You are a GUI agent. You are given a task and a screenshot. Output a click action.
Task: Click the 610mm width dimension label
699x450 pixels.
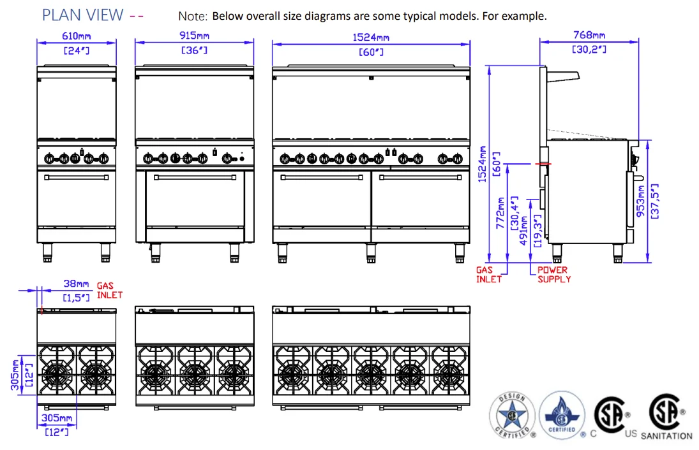[x=77, y=36]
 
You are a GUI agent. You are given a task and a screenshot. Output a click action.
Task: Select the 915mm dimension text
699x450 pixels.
[x=194, y=36]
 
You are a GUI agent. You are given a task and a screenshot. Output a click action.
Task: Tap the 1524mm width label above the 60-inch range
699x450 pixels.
[x=371, y=37]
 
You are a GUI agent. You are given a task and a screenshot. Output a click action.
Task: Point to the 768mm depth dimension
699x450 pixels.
[x=589, y=35]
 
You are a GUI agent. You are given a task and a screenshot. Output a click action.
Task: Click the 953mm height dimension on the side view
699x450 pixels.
[x=641, y=201]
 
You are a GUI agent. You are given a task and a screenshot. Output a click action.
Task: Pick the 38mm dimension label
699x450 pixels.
[x=76, y=284]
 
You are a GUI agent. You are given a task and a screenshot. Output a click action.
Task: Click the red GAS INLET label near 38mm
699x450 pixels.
[x=109, y=291]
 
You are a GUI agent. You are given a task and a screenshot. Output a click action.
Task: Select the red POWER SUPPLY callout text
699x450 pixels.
[x=553, y=275]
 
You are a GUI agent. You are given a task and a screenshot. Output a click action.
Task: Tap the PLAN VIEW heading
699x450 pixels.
[x=82, y=15]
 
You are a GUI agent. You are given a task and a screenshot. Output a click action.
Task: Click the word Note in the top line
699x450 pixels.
[x=193, y=16]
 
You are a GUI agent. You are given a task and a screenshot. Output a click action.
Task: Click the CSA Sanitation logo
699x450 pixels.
[x=666, y=418]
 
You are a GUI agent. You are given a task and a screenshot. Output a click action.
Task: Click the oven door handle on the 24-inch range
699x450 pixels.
[x=77, y=178]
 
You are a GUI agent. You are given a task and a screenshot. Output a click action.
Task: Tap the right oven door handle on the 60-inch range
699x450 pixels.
[x=421, y=178]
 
